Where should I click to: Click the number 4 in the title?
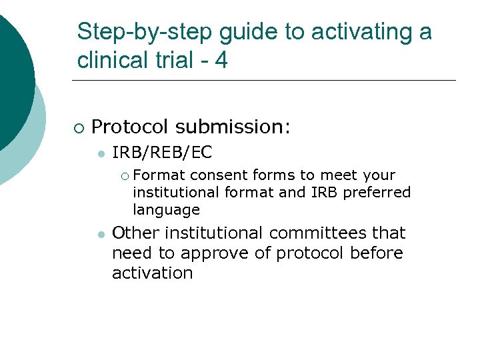(x=221, y=60)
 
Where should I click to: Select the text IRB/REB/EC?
(x=162, y=153)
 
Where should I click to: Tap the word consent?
(x=218, y=175)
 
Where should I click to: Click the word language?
(x=166, y=210)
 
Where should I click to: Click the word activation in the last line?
(x=152, y=273)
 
